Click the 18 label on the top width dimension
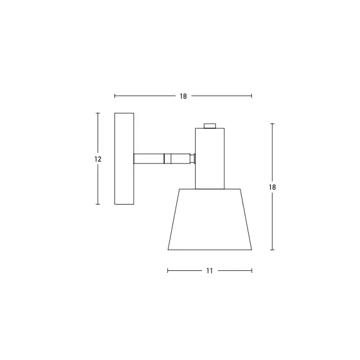click(183, 96)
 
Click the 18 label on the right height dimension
click(272, 187)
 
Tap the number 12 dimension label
click(98, 159)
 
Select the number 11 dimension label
click(209, 270)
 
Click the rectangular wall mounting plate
click(124, 159)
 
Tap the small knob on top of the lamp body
click(210, 125)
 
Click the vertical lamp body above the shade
click(210, 158)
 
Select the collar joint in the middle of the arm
click(167, 159)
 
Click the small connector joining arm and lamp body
click(193, 159)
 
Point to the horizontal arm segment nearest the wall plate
click(149, 159)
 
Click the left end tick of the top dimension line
click(115, 96)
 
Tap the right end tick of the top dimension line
click(252, 96)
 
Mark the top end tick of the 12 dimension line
click(98, 113)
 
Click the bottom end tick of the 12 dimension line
click(98, 204)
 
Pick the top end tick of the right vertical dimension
click(272, 124)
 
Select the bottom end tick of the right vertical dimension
click(272, 249)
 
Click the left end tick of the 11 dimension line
click(167, 270)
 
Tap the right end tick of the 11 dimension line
click(252, 270)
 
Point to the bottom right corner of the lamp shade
click(251, 249)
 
